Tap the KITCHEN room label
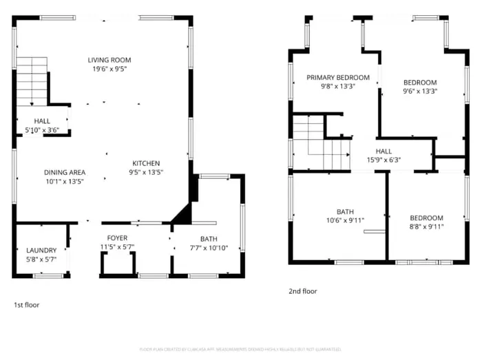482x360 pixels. (x=147, y=163)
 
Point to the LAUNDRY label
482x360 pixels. (x=41, y=250)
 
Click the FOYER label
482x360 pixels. (x=118, y=237)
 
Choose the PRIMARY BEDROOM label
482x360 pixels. (x=338, y=78)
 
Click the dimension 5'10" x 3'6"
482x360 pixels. (x=42, y=129)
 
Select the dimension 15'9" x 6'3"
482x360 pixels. (x=384, y=160)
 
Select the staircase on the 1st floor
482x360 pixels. (x=32, y=81)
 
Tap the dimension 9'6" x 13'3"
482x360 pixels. (x=420, y=91)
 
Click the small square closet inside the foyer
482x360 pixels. (x=118, y=263)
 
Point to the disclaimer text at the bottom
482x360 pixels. (x=240, y=350)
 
